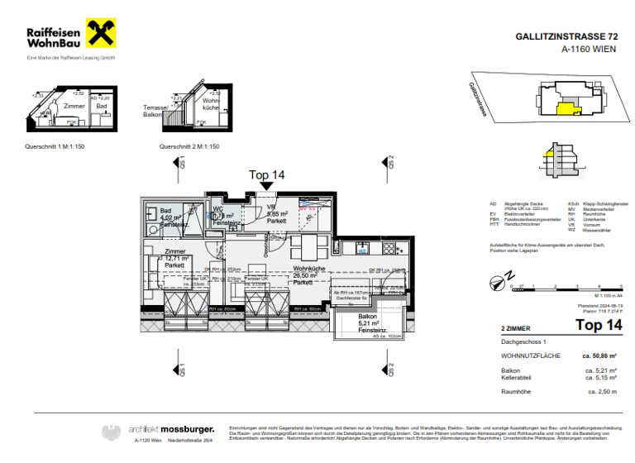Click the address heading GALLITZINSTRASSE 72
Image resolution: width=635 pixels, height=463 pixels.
pyautogui.click(x=566, y=37)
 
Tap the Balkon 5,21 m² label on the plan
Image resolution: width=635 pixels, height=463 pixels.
pyautogui.click(x=368, y=323)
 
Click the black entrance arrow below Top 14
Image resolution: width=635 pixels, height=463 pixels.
pyautogui.click(x=266, y=186)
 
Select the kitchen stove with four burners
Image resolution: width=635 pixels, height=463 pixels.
pyautogui.click(x=391, y=247)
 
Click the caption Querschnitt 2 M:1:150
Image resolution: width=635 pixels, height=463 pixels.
pyautogui.click(x=189, y=146)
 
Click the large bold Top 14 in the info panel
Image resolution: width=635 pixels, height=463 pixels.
pyautogui.click(x=598, y=326)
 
